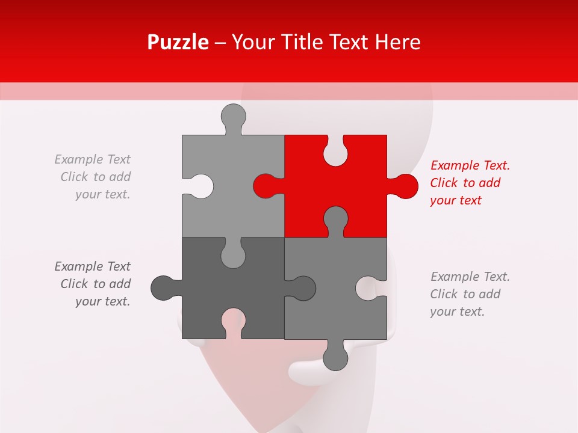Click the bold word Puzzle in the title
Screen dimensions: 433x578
(178, 42)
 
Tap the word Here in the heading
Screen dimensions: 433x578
(397, 42)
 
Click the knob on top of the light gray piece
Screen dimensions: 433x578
(234, 116)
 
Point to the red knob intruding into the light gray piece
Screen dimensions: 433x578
(264, 186)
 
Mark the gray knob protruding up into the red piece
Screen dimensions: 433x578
(335, 218)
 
